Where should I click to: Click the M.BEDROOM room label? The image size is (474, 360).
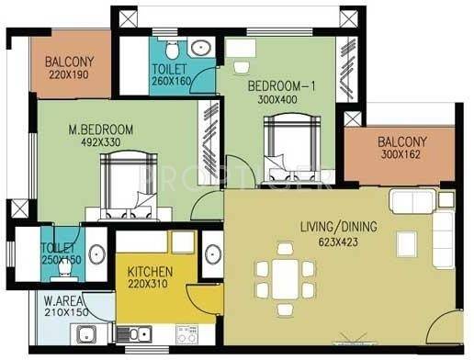pos(101,129)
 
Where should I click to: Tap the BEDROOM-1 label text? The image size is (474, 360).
pos(281,86)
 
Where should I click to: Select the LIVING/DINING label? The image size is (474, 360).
pos(339,227)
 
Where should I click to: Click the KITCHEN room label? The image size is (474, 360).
pos(150,272)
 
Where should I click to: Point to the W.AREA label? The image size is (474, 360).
pos(63,300)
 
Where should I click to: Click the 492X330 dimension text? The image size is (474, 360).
pos(101,142)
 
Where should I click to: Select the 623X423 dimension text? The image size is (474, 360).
pos(338,242)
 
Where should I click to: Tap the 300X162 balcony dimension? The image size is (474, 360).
pos(401,154)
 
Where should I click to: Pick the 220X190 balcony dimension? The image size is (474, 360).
pos(69,74)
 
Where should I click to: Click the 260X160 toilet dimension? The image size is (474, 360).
pos(172,81)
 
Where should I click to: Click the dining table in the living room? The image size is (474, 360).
pos(286,279)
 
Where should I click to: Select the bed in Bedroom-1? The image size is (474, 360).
pos(292,149)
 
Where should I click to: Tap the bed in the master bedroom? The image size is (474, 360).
pos(129,186)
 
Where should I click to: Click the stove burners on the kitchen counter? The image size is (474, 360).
pos(186,334)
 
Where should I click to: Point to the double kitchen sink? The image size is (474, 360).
pos(134,334)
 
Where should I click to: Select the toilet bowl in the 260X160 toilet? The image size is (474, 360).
pos(172,49)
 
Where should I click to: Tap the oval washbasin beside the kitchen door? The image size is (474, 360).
pos(213,254)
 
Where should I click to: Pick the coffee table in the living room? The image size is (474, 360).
pos(406,244)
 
